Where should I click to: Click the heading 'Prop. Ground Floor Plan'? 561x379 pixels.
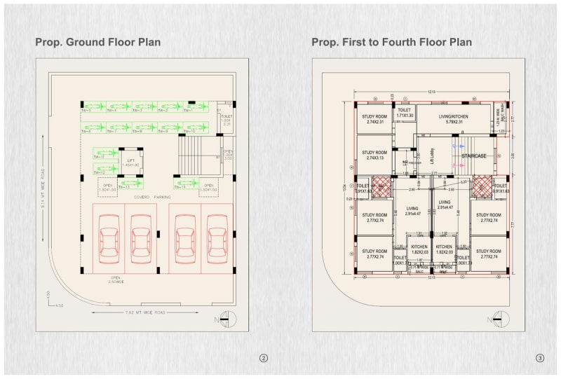tap(98, 42)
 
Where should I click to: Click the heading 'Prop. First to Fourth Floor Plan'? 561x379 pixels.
tap(392, 42)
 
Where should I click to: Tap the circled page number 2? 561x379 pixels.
tap(264, 358)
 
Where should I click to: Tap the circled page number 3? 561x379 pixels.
tap(539, 358)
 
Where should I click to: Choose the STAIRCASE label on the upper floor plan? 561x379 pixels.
tap(474, 155)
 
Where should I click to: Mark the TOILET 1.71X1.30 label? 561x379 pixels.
tap(405, 112)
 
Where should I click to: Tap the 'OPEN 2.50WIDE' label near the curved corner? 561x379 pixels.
tap(116, 280)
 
